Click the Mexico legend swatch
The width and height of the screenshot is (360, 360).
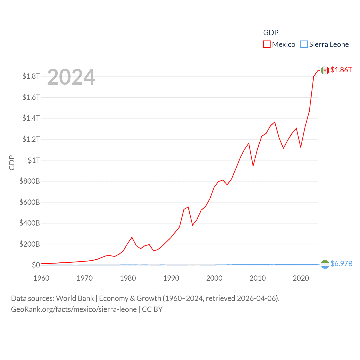click(267, 44)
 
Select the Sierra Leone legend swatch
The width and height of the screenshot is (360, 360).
click(304, 44)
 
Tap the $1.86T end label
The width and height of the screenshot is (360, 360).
click(341, 70)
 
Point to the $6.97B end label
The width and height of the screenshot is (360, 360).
click(341, 264)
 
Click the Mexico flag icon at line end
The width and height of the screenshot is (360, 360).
click(325, 70)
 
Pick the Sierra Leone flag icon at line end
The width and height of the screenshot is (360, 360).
click(325, 264)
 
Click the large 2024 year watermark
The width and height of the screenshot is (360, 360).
click(71, 77)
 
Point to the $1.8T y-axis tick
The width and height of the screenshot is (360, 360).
click(31, 76)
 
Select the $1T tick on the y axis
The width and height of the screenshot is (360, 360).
click(34, 160)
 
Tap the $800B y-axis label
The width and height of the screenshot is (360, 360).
click(30, 181)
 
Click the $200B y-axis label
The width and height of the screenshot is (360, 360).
click(30, 244)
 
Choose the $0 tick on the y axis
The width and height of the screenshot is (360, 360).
click(36, 265)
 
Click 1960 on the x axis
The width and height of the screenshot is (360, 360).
click(41, 278)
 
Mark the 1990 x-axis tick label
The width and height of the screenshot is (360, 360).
click(171, 278)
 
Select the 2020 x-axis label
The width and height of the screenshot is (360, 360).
click(301, 278)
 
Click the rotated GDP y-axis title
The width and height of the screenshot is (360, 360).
click(12, 163)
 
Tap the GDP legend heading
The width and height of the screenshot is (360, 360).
click(271, 33)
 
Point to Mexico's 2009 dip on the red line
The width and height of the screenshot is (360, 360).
click(253, 166)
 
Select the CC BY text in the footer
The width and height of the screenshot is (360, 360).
click(152, 309)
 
